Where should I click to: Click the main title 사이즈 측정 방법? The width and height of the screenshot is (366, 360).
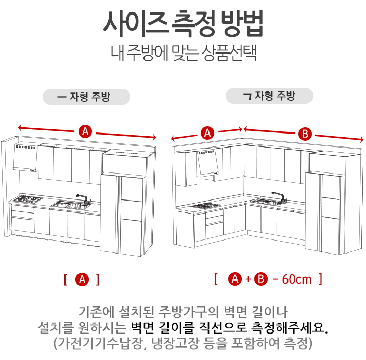point(183,24)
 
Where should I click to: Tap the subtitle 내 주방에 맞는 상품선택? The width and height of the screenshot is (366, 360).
point(184,53)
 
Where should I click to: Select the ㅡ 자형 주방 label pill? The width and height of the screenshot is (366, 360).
point(86,97)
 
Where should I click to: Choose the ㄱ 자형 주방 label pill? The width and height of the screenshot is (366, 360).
point(269,96)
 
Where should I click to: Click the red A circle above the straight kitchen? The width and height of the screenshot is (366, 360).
point(85,131)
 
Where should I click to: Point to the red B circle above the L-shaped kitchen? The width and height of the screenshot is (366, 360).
point(305,134)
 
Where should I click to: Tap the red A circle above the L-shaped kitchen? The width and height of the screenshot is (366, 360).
point(207,133)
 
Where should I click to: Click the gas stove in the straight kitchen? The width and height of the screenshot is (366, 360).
point(28,199)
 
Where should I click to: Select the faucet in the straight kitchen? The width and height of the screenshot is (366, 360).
point(83,199)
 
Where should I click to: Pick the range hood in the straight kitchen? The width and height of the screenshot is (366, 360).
point(25,157)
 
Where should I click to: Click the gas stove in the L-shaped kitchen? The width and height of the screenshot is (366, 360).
point(206,206)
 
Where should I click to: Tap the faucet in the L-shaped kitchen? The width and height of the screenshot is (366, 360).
point(279,197)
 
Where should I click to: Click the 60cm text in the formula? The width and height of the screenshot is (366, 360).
point(297,279)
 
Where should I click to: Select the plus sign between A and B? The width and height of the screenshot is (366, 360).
point(248,279)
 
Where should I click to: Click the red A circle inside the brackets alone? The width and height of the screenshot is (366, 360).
point(82,279)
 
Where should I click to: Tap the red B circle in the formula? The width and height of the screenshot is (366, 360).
point(261,279)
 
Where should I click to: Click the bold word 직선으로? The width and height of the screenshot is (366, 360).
point(223,327)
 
